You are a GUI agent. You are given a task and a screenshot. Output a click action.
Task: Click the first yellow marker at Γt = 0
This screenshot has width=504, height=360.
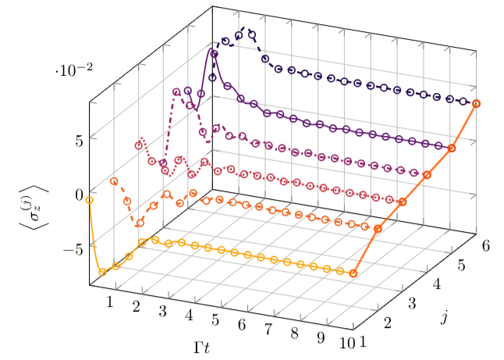tap(89, 200)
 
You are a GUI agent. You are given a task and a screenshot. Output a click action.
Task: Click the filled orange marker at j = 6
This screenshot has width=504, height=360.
tap(476, 104)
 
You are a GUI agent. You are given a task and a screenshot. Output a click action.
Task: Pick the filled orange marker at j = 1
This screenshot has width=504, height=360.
tap(353, 273)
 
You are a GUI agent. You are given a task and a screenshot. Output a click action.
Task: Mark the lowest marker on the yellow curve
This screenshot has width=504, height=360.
tap(102, 273)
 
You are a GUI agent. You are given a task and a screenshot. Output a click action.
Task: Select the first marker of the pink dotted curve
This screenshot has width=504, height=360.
tap(139, 145)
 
